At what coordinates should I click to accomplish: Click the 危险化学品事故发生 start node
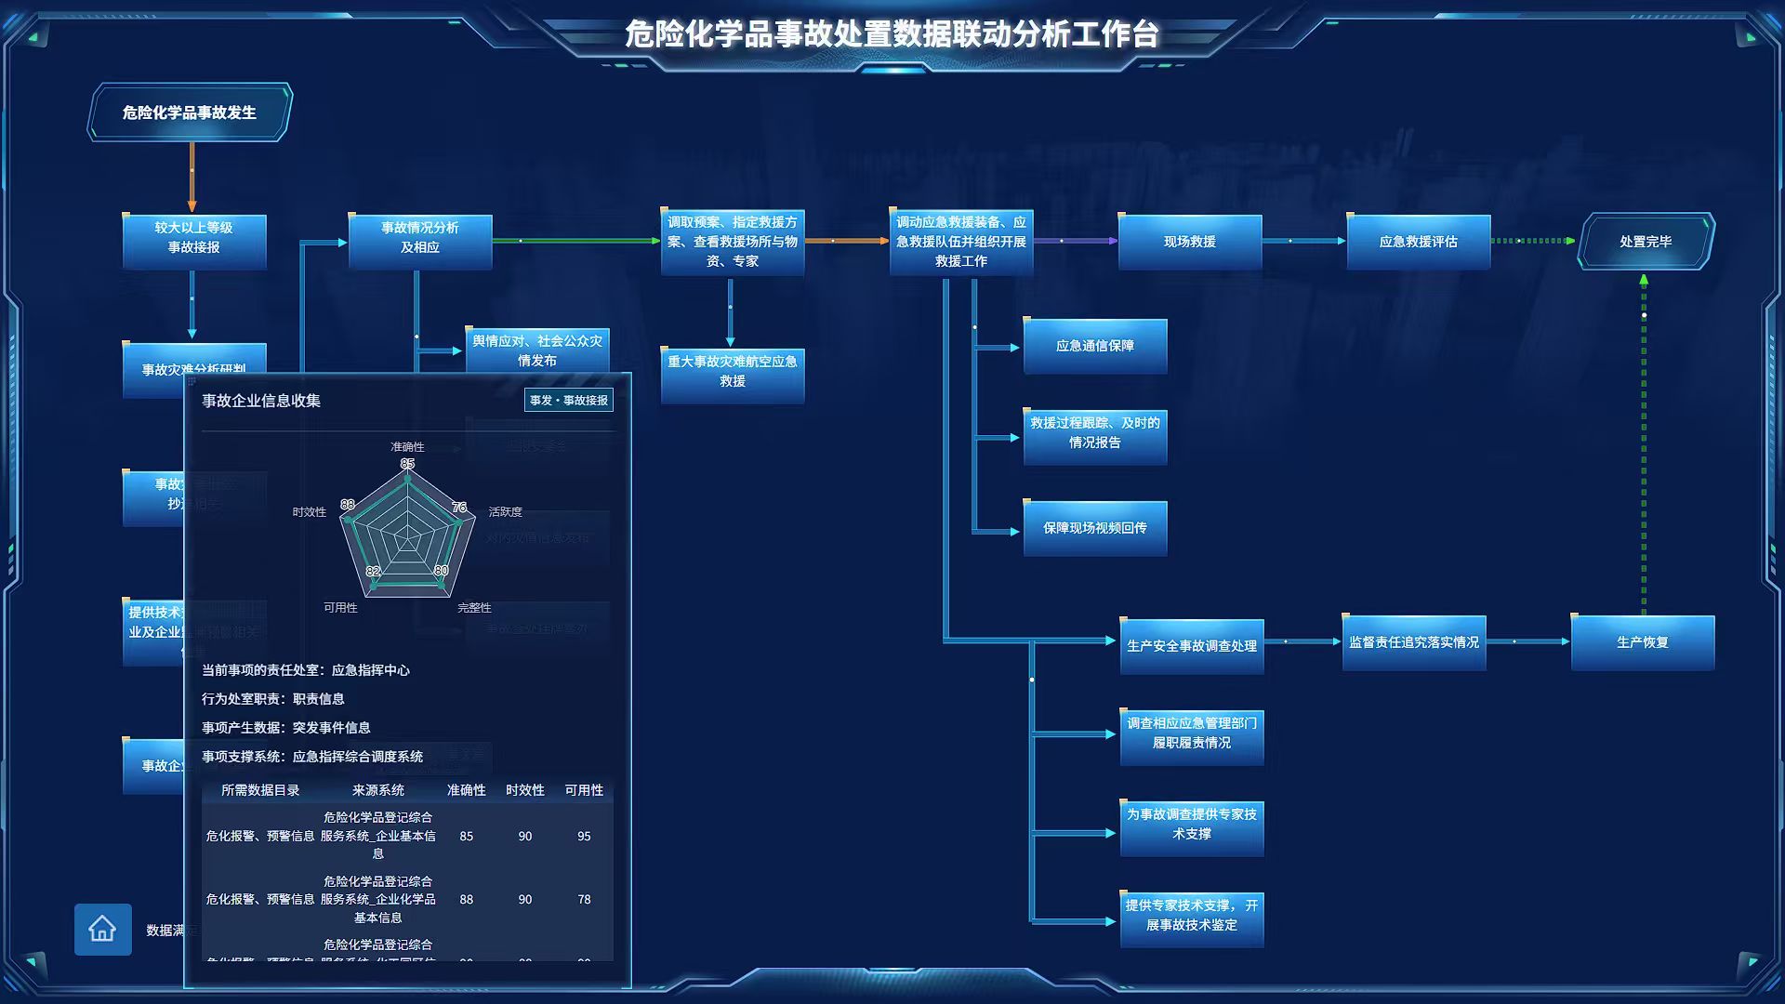pos(190,112)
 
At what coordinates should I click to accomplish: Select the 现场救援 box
pos(1189,242)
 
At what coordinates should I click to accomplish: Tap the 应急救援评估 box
pos(1418,242)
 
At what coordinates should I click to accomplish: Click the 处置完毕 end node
pos(1646,242)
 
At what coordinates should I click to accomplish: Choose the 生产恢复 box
pos(1642,642)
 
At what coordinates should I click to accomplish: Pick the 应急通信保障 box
pos(1094,346)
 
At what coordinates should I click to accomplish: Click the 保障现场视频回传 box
pos(1094,528)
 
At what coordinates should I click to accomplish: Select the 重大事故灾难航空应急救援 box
pos(732,372)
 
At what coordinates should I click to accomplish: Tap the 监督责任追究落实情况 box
pos(1413,642)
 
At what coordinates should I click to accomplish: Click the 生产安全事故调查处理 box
pos(1191,646)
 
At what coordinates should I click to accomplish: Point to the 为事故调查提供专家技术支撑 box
pos(1191,825)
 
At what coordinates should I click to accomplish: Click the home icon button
pos(102,929)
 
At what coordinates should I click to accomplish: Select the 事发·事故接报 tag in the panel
pos(568,401)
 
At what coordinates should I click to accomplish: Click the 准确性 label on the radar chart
pos(407,447)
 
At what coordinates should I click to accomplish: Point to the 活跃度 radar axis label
pos(505,512)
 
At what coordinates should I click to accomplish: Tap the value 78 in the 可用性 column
pos(584,900)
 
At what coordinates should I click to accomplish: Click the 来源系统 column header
pos(377,790)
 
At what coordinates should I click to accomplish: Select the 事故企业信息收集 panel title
pos(261,401)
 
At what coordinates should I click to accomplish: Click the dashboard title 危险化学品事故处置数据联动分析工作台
pos(892,34)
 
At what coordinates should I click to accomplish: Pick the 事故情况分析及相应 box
pos(419,238)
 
